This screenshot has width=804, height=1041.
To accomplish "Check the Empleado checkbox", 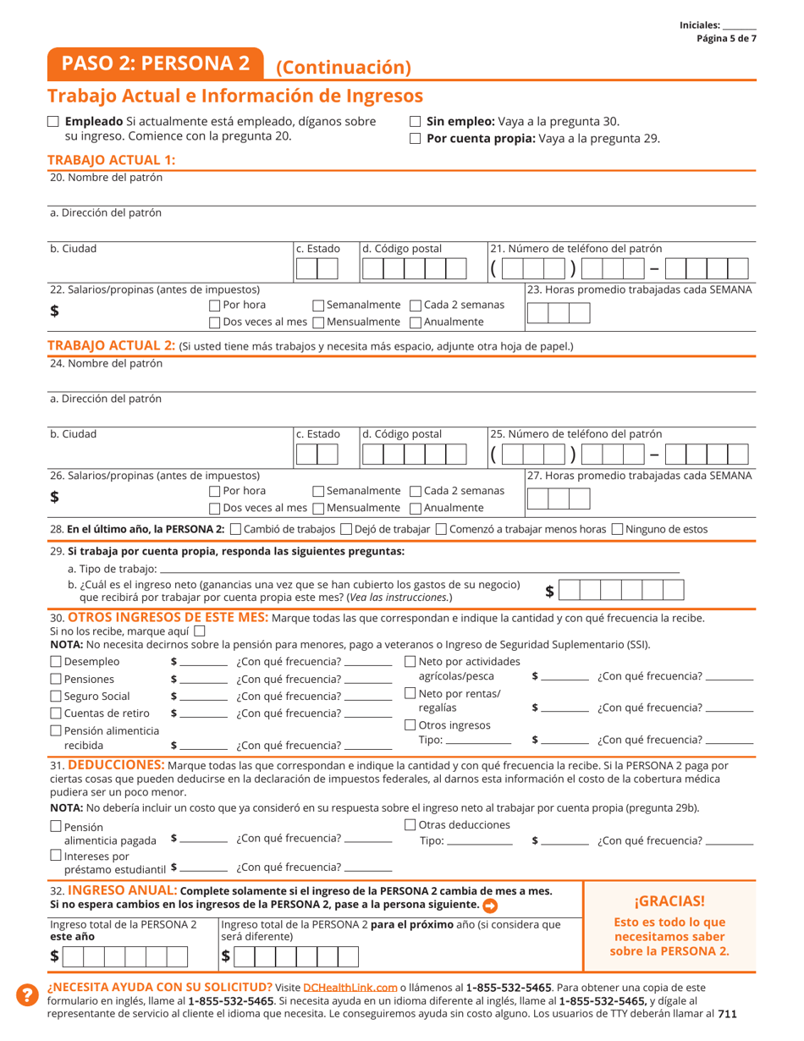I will pyautogui.click(x=53, y=122).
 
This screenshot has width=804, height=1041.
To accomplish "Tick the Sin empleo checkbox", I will pyautogui.click(x=415, y=122).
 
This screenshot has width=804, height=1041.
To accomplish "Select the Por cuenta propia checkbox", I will pyautogui.click(x=415, y=139).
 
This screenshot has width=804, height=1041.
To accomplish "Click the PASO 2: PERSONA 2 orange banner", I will pyautogui.click(x=156, y=63).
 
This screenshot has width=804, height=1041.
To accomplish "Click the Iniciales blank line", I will pyautogui.click(x=740, y=26).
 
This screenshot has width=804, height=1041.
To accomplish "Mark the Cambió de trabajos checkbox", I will pyautogui.click(x=235, y=530).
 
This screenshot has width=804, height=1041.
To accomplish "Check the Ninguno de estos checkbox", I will pyautogui.click(x=617, y=530).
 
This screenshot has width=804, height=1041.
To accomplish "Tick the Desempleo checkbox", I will pyautogui.click(x=56, y=662).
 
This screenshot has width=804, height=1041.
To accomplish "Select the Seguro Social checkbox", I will pyautogui.click(x=56, y=696).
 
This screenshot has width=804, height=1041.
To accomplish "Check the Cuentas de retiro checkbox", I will pyautogui.click(x=56, y=713).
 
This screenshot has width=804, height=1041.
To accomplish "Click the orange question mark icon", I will pyautogui.click(x=26, y=995).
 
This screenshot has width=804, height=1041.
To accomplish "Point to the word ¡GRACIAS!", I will pyautogui.click(x=669, y=901).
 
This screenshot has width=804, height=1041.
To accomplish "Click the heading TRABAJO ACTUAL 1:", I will pyautogui.click(x=111, y=160).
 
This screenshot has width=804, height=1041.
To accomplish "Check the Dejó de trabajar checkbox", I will pyautogui.click(x=345, y=530).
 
